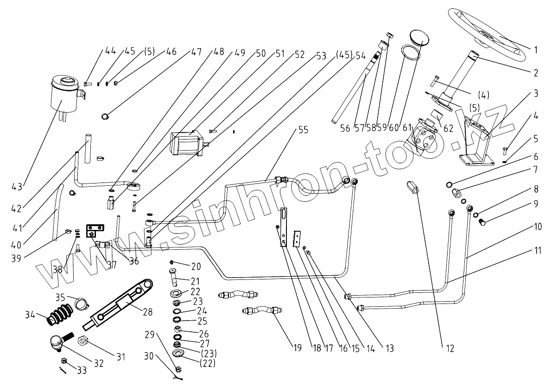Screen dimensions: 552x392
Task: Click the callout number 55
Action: tap(303, 130)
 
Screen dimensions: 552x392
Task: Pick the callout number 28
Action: tap(147, 311)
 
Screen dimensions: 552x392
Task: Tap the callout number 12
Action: tap(450, 348)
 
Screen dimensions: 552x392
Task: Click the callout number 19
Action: tap(298, 348)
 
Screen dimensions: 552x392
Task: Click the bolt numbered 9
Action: tap(482, 222)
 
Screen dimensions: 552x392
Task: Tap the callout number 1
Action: tap(535, 50)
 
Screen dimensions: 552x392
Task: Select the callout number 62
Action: tap(448, 128)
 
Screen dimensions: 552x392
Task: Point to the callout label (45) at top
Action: tap(344, 55)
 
